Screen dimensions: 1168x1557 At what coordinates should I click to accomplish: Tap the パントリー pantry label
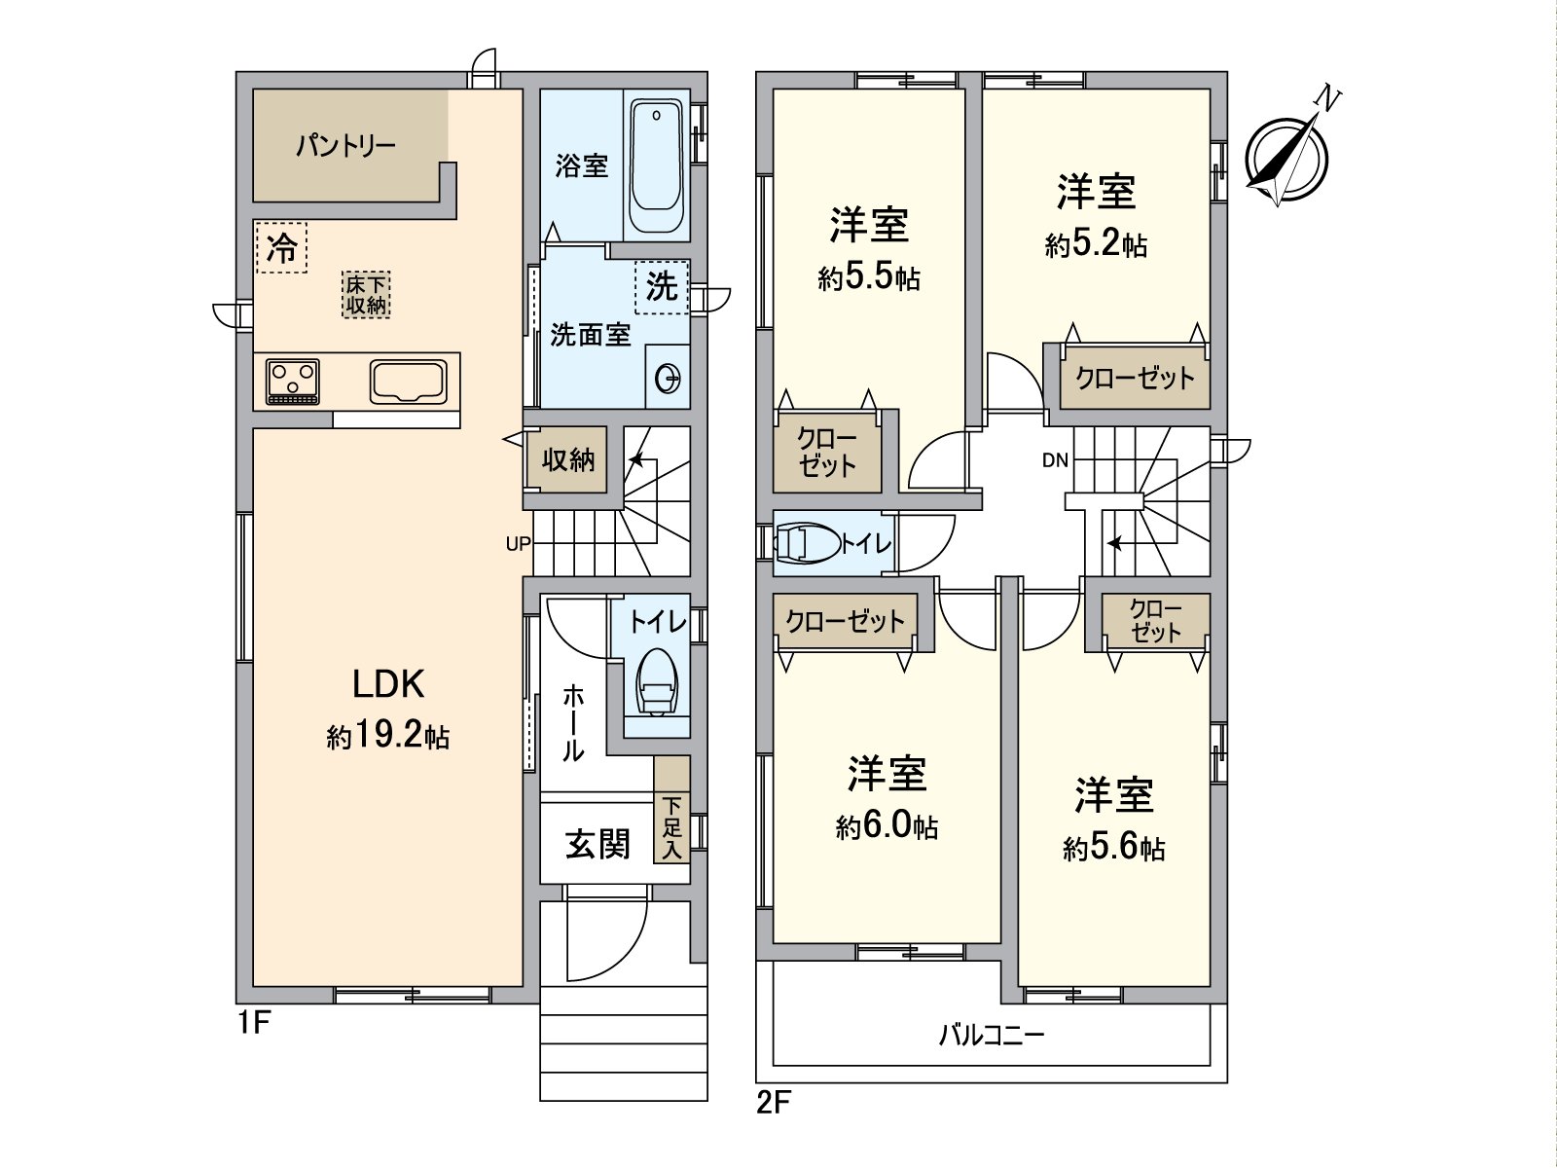coord(345,147)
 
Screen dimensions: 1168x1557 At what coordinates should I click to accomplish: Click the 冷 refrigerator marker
coord(282,248)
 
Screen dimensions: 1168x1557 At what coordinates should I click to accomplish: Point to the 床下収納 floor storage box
coord(367,294)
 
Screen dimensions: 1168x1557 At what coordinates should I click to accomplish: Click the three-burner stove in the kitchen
coord(293,382)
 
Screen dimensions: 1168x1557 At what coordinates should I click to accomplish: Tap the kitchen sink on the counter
coord(408,381)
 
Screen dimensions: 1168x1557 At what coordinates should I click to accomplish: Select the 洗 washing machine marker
coord(662,286)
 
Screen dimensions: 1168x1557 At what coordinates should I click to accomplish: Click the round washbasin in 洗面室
coord(669,377)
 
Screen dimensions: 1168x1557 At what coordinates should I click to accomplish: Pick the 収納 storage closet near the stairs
coord(567,458)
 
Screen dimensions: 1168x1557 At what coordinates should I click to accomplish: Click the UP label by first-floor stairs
coord(518,544)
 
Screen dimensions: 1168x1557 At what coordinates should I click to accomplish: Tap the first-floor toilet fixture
coord(658,681)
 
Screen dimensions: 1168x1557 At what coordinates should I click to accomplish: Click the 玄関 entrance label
coord(597,844)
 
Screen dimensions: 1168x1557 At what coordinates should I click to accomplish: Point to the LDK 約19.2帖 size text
coord(387,737)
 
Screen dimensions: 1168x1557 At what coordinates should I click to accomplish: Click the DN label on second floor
coord(1055,460)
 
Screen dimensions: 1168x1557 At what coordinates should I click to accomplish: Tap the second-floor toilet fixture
coord(807,543)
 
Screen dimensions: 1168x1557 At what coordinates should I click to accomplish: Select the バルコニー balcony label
coord(991,1034)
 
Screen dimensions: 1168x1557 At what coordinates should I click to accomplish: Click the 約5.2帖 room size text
coord(1096,244)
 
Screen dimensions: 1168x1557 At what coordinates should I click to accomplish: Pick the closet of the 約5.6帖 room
coord(1156,621)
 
